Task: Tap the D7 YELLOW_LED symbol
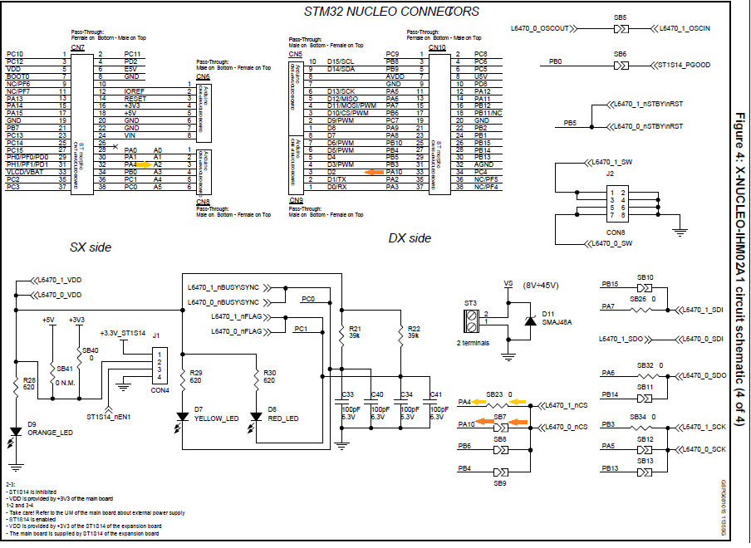click(182, 418)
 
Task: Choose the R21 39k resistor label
click(355, 331)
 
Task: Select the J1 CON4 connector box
click(160, 365)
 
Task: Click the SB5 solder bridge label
click(620, 17)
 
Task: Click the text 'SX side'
click(91, 247)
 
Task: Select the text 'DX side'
click(410, 238)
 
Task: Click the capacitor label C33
click(348, 394)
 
